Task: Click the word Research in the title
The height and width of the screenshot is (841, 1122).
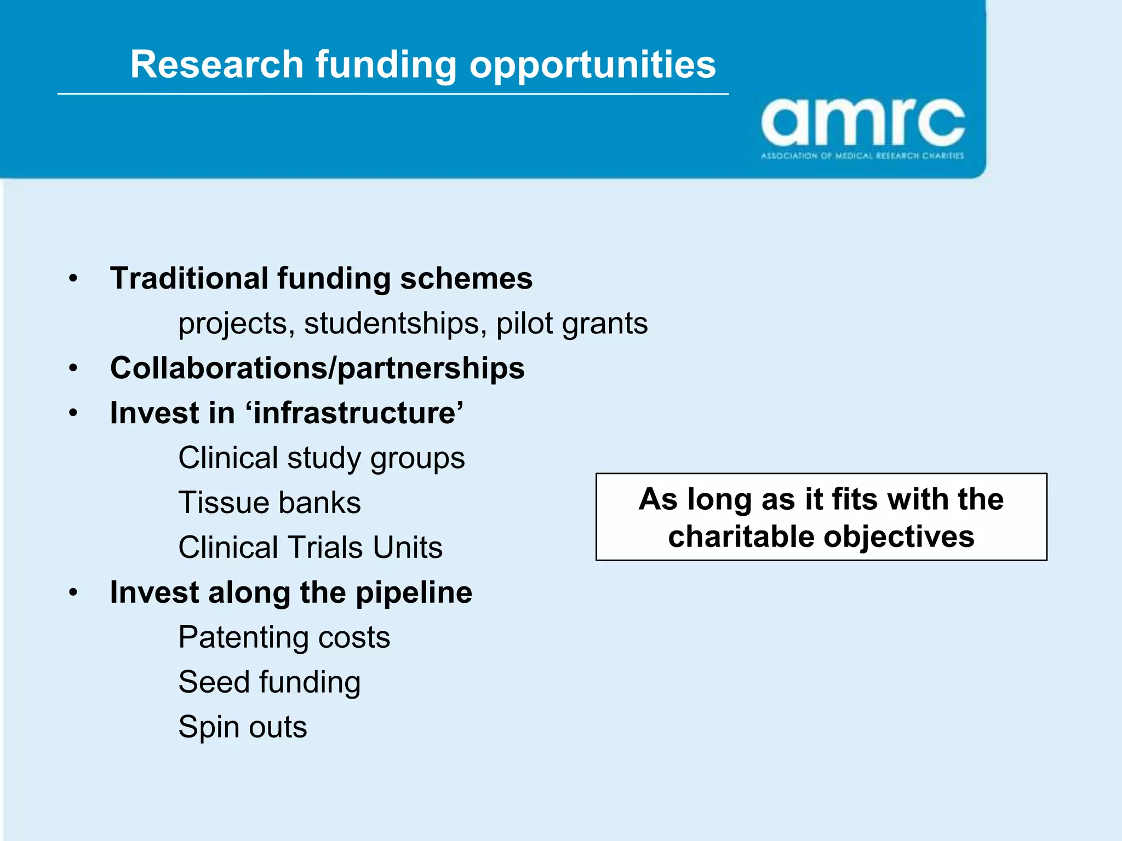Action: click(x=216, y=65)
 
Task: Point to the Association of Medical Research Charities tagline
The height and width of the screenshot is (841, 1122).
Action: click(x=862, y=156)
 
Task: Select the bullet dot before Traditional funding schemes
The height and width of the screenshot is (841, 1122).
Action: click(x=73, y=279)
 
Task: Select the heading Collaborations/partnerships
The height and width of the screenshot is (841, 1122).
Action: click(x=317, y=368)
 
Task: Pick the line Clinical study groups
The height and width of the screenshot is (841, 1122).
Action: click(x=322, y=458)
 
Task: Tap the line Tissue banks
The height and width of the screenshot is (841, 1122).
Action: click(x=270, y=503)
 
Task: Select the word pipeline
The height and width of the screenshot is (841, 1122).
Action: click(x=414, y=592)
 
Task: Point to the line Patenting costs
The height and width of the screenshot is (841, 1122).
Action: click(x=284, y=637)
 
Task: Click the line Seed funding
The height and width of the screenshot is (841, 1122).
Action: click(x=270, y=682)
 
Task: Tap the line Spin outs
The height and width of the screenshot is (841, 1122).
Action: click(x=243, y=727)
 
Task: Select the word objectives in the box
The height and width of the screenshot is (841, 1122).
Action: click(x=899, y=536)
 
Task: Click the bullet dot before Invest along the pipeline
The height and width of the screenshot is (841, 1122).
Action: click(x=73, y=592)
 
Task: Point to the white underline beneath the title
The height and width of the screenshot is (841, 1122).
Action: click(x=393, y=94)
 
